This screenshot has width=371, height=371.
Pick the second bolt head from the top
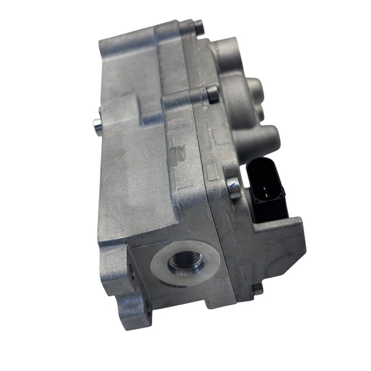[213, 94]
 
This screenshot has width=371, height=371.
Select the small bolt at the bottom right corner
[258, 289]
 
